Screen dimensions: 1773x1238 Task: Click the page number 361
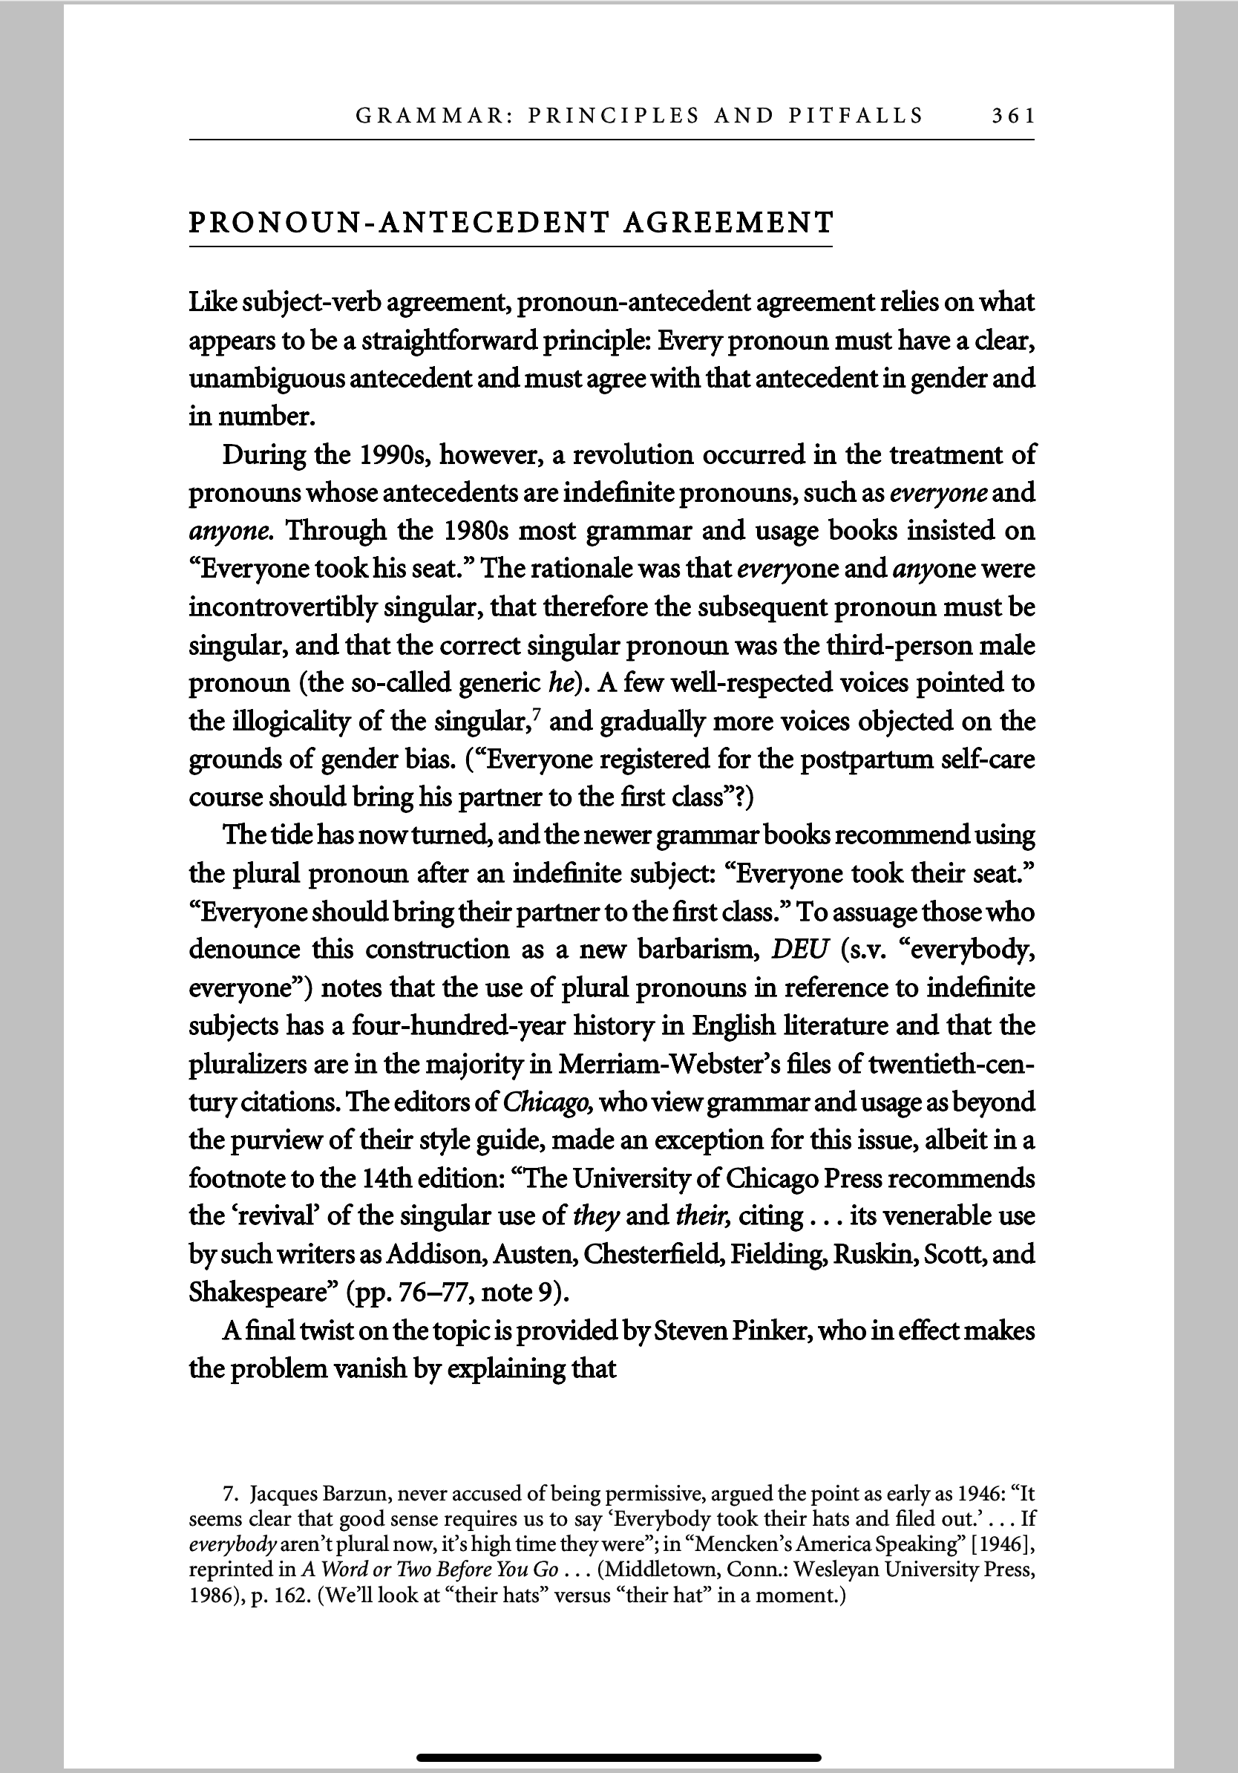tap(1012, 117)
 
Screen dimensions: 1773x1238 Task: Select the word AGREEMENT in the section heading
tap(728, 223)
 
